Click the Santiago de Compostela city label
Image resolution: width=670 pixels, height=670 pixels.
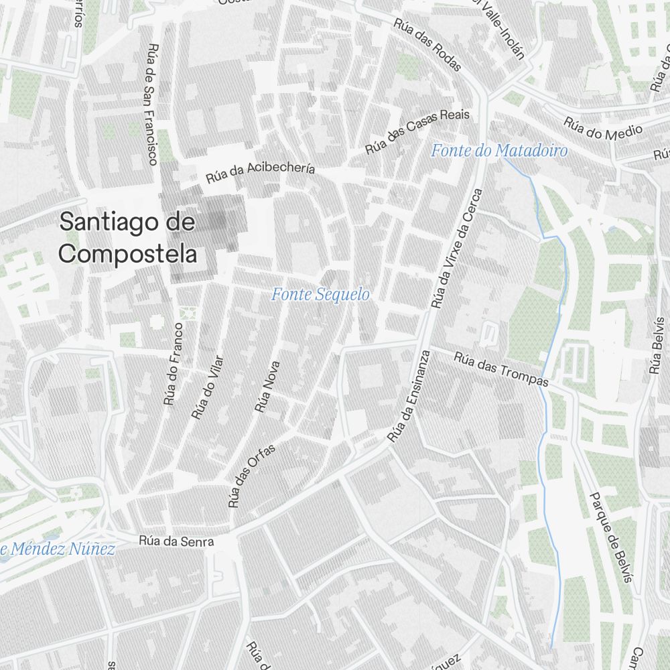[127, 238]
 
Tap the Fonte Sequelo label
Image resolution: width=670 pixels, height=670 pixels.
[320, 294]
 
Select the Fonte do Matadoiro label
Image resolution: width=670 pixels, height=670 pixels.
[499, 151]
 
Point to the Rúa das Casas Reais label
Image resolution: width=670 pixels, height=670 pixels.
[417, 131]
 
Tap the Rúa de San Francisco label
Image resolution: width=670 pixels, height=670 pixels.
[153, 104]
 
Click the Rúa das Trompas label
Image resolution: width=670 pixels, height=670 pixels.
[501, 370]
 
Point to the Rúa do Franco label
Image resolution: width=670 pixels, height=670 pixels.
[173, 364]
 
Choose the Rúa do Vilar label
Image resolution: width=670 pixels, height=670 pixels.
[206, 387]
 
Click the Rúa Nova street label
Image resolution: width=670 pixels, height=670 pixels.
[267, 387]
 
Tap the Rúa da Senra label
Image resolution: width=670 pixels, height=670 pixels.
[176, 541]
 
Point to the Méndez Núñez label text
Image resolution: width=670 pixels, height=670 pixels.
[60, 549]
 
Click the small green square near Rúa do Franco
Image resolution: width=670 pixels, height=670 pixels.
[187, 312]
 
